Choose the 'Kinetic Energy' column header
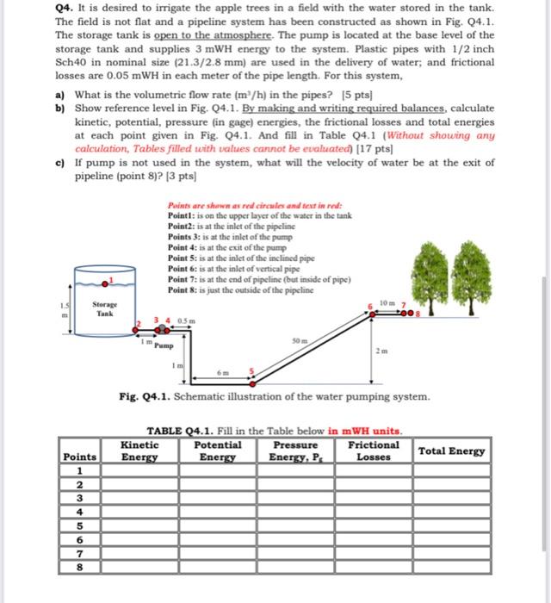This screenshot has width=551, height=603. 139,451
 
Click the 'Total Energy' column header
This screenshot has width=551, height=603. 451,451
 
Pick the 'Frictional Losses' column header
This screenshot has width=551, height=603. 374,451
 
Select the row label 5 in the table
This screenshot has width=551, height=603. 79,524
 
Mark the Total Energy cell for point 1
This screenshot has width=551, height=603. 451,471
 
